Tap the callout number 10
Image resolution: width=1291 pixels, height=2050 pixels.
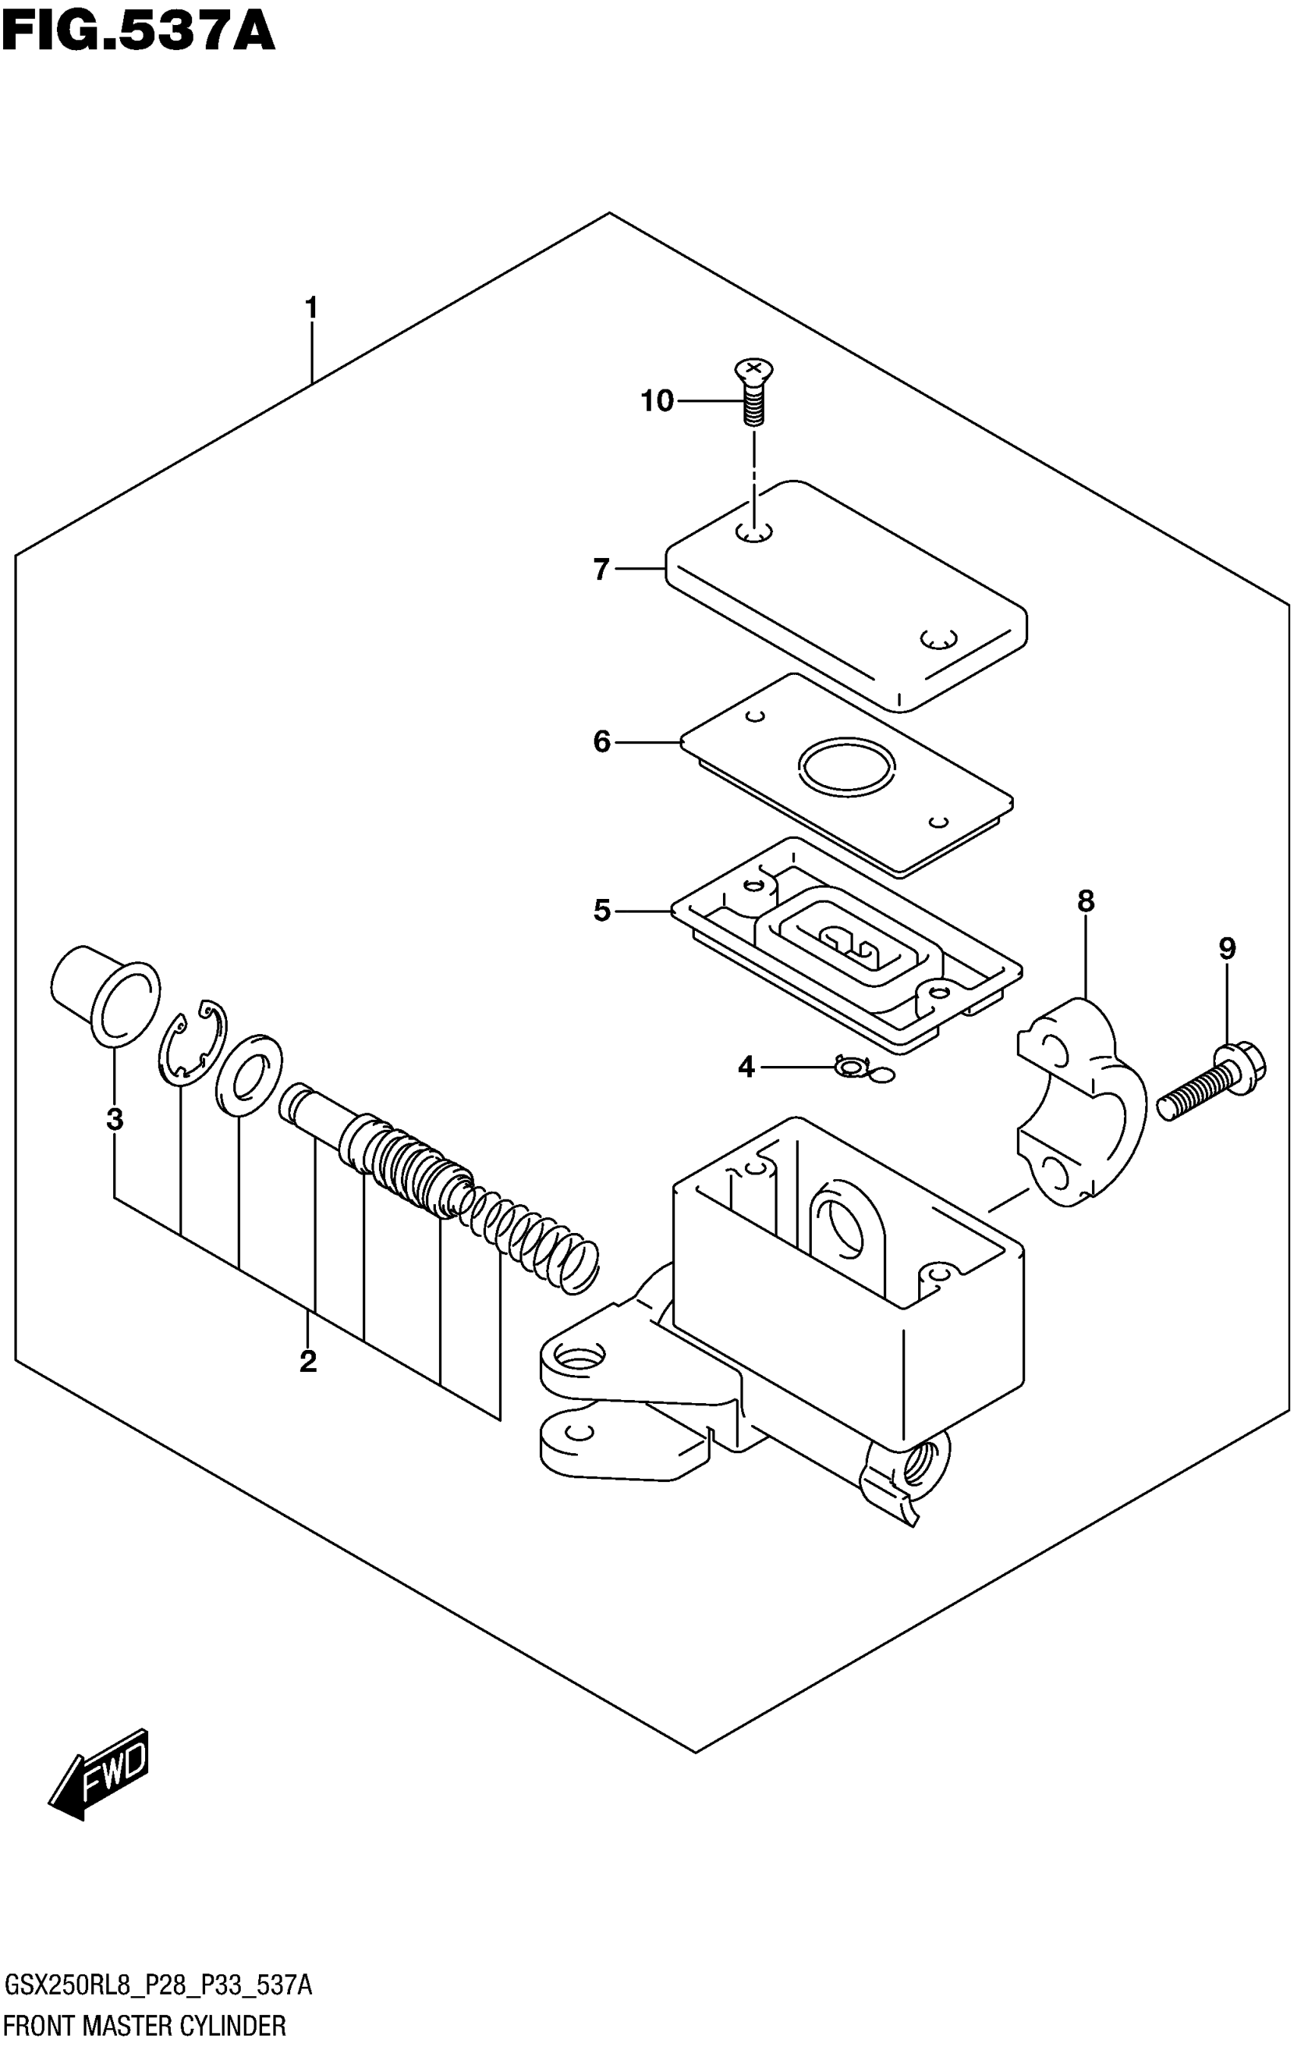[x=657, y=401]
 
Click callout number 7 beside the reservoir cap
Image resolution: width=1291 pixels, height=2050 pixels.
[x=602, y=569]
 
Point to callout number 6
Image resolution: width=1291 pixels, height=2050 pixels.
[x=602, y=742]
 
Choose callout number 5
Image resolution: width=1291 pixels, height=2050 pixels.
[x=602, y=911]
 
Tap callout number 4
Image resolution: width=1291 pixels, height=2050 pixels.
[x=746, y=1066]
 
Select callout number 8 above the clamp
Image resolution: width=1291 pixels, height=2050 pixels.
[x=1086, y=900]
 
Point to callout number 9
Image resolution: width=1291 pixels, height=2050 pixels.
[x=1226, y=948]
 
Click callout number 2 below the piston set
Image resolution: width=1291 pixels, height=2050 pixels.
[x=308, y=1361]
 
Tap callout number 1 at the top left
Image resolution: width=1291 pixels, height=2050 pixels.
[x=311, y=307]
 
